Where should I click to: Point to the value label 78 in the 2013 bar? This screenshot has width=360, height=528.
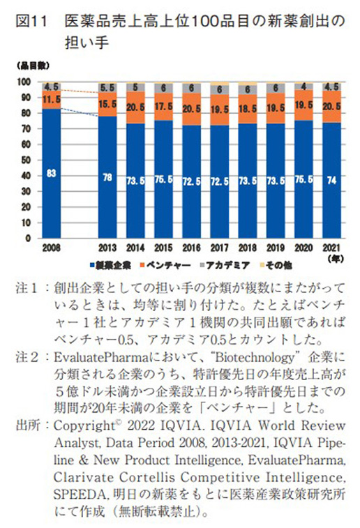click(107, 177)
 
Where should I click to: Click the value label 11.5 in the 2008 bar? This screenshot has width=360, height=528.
click(51, 100)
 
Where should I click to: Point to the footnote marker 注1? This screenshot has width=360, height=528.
click(28, 287)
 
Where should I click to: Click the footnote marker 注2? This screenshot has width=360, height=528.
click(28, 356)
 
